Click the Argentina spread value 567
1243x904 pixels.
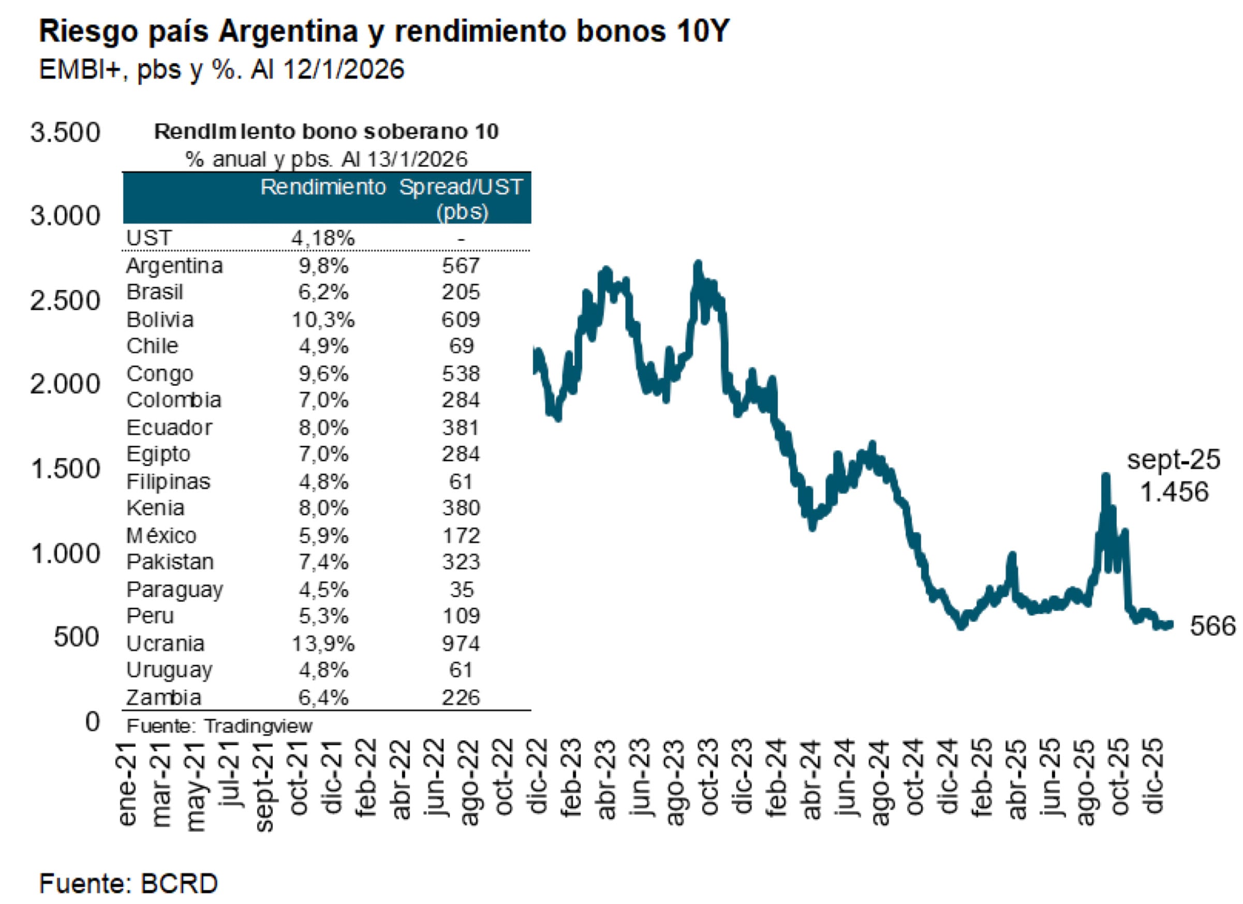point(461,266)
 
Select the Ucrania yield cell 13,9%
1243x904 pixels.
point(323,643)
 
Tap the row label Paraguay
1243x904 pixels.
point(174,589)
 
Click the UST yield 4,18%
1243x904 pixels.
point(323,239)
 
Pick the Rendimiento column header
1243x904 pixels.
point(323,187)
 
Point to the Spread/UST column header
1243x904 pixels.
point(461,197)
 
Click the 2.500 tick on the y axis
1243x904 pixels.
point(65,300)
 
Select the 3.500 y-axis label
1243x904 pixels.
point(65,133)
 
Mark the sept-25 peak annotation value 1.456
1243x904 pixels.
point(1173,492)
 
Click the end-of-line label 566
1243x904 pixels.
point(1212,626)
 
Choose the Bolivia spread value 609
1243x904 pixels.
point(461,319)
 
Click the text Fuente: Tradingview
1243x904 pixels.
point(219,726)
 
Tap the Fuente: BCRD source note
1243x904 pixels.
point(128,884)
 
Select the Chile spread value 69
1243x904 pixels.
point(461,346)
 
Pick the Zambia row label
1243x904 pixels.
point(164,697)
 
